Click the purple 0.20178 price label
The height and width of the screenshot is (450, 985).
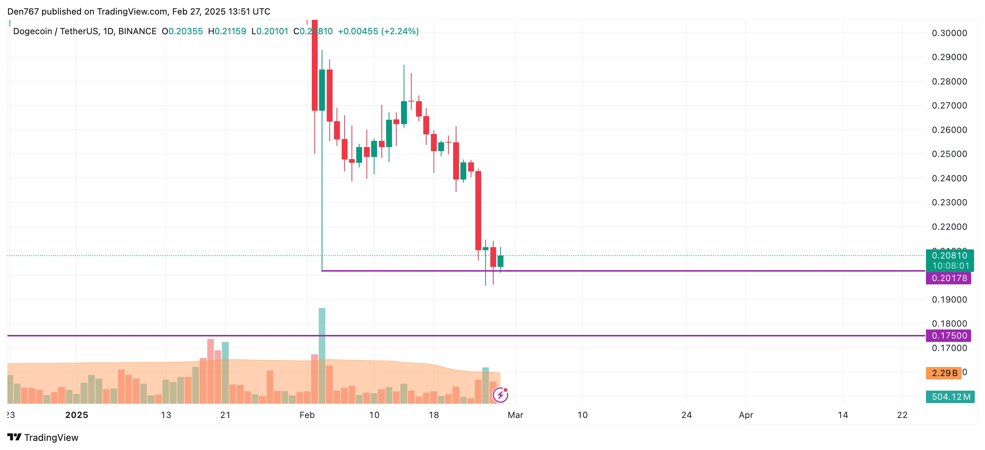(x=949, y=278)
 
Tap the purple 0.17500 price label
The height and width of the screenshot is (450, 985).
(x=949, y=335)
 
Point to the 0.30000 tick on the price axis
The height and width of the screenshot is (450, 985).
(x=949, y=33)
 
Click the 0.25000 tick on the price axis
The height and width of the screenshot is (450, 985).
(x=949, y=154)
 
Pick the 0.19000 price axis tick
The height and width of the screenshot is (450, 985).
(x=949, y=299)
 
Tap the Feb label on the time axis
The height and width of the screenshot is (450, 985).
(x=307, y=415)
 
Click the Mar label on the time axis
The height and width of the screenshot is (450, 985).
(x=515, y=415)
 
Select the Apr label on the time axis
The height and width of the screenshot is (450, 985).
(x=746, y=415)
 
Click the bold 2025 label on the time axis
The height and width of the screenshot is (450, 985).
(x=76, y=415)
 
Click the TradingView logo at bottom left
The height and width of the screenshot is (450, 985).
(x=43, y=437)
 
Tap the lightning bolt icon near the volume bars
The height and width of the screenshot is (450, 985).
(x=500, y=395)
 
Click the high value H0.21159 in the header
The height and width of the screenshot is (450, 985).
(x=227, y=31)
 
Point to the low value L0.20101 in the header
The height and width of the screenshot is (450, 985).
(x=270, y=31)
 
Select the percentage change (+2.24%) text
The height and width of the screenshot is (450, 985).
(x=400, y=31)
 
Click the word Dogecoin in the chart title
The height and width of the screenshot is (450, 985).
(x=32, y=31)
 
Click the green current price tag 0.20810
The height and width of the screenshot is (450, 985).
(x=949, y=255)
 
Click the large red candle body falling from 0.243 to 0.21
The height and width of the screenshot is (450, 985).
(x=478, y=210)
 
